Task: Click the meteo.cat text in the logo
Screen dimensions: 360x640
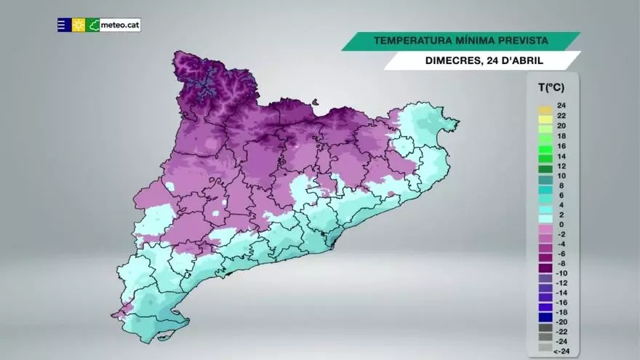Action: pyautogui.click(x=119, y=25)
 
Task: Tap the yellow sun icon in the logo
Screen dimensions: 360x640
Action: pyautogui.click(x=79, y=25)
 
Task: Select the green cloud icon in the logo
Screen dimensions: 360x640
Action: pyautogui.click(x=93, y=25)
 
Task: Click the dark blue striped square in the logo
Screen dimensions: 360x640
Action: pyautogui.click(x=64, y=25)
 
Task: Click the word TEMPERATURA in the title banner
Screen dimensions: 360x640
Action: pyautogui.click(x=409, y=41)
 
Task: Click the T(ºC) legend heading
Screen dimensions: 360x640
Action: pyautogui.click(x=551, y=88)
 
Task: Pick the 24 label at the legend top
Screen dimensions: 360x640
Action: pyautogui.click(x=561, y=106)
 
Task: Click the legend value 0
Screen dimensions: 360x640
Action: pyautogui.click(x=561, y=225)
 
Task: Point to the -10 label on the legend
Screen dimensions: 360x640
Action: pyautogui.click(x=561, y=273)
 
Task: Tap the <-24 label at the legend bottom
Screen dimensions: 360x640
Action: pyautogui.click(x=561, y=351)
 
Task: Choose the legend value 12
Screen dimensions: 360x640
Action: pyautogui.click(x=561, y=166)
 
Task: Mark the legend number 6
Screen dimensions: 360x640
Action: pyautogui.click(x=561, y=196)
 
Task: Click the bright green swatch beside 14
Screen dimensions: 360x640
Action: pyautogui.click(x=545, y=156)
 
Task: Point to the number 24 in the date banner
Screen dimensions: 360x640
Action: pyautogui.click(x=491, y=61)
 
